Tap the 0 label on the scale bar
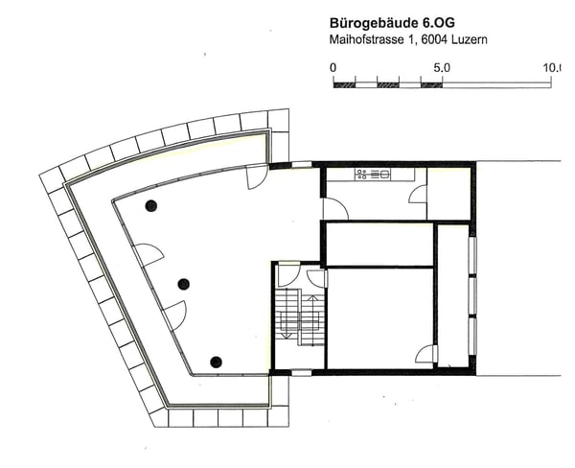(x=333, y=68)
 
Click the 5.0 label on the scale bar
(x=442, y=68)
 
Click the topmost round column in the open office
(x=150, y=205)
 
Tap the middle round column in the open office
(x=183, y=283)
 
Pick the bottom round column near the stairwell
(x=217, y=362)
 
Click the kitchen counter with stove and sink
(x=373, y=175)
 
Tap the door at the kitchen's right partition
(x=418, y=194)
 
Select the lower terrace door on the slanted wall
(x=175, y=315)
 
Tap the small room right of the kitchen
(x=448, y=193)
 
